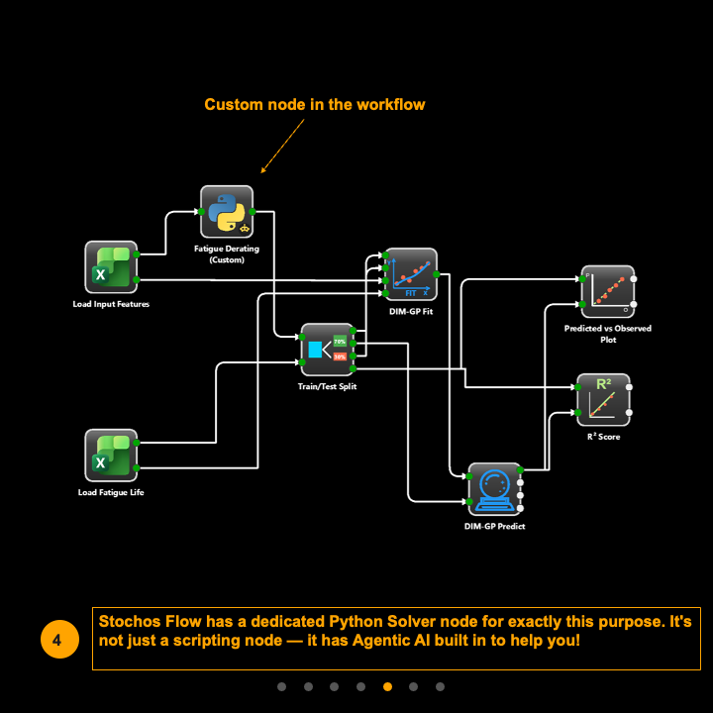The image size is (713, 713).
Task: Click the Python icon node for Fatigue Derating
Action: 227,211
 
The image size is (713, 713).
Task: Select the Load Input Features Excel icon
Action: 110,267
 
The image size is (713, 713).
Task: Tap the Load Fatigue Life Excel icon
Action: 110,456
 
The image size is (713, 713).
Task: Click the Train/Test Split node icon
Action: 327,350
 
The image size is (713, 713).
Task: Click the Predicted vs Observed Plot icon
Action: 606,291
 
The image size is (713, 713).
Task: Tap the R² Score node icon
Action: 603,399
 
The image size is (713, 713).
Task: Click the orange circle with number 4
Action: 57,640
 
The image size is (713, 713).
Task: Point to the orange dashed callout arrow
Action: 281,145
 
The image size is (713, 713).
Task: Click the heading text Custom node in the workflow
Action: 315,104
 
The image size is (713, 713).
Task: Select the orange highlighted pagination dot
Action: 387,686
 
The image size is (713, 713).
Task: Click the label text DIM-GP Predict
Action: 494,527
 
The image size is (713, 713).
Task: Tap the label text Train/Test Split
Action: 327,387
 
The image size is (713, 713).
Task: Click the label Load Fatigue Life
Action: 111,492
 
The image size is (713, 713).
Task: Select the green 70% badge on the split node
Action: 340,341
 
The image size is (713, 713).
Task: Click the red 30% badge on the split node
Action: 340,356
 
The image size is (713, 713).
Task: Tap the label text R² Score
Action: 603,437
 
